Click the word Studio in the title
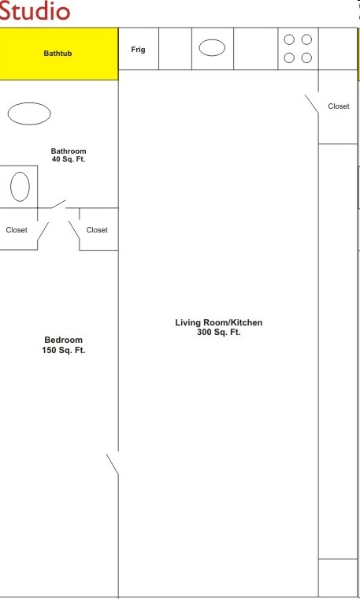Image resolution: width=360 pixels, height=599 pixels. click(35, 11)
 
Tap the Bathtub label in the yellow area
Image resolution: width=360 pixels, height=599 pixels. click(58, 54)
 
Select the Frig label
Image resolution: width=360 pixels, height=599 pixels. click(138, 50)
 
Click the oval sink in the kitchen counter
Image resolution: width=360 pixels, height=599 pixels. click(212, 48)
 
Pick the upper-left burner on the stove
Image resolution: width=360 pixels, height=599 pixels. click(289, 39)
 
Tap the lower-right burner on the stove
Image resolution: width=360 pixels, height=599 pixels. click(306, 58)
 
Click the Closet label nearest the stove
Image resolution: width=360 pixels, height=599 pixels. click(339, 106)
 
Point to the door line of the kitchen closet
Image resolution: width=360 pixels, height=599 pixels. click(311, 104)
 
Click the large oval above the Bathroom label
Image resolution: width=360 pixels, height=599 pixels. click(29, 113)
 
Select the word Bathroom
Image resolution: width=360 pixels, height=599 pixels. click(69, 151)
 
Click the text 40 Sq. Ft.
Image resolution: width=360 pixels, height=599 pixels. click(69, 159)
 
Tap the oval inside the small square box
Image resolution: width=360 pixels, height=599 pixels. click(20, 187)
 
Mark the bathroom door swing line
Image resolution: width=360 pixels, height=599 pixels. click(58, 204)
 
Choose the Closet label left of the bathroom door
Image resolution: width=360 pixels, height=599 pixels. click(17, 230)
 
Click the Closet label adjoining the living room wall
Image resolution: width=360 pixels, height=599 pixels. click(97, 230)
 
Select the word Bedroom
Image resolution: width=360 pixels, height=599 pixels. click(63, 340)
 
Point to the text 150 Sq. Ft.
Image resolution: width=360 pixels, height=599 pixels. click(64, 350)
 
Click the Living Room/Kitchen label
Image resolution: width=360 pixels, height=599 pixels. click(219, 322)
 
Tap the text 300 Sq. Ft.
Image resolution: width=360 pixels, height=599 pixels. click(219, 333)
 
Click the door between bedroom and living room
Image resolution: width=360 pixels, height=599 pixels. click(113, 464)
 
